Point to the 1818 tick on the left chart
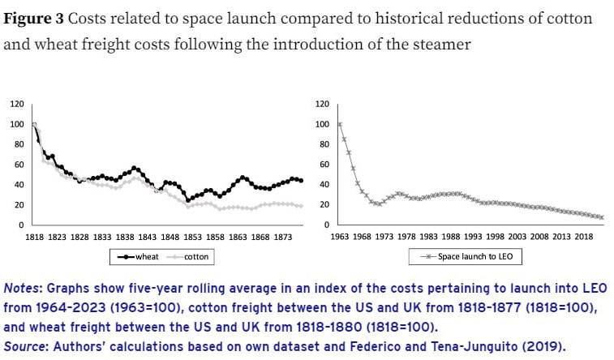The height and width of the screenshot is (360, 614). [34, 236]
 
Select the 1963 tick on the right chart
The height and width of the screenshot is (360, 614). [339, 236]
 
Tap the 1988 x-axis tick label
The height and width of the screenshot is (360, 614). [450, 236]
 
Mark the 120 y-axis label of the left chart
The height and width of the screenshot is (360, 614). [16, 104]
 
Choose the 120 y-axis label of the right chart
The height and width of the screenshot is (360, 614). [321, 104]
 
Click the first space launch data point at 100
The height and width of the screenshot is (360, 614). [339, 124]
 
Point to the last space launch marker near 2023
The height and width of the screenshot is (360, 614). [602, 217]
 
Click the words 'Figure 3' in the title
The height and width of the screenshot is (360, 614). [32, 19]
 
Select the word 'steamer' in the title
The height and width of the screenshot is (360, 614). [441, 44]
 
